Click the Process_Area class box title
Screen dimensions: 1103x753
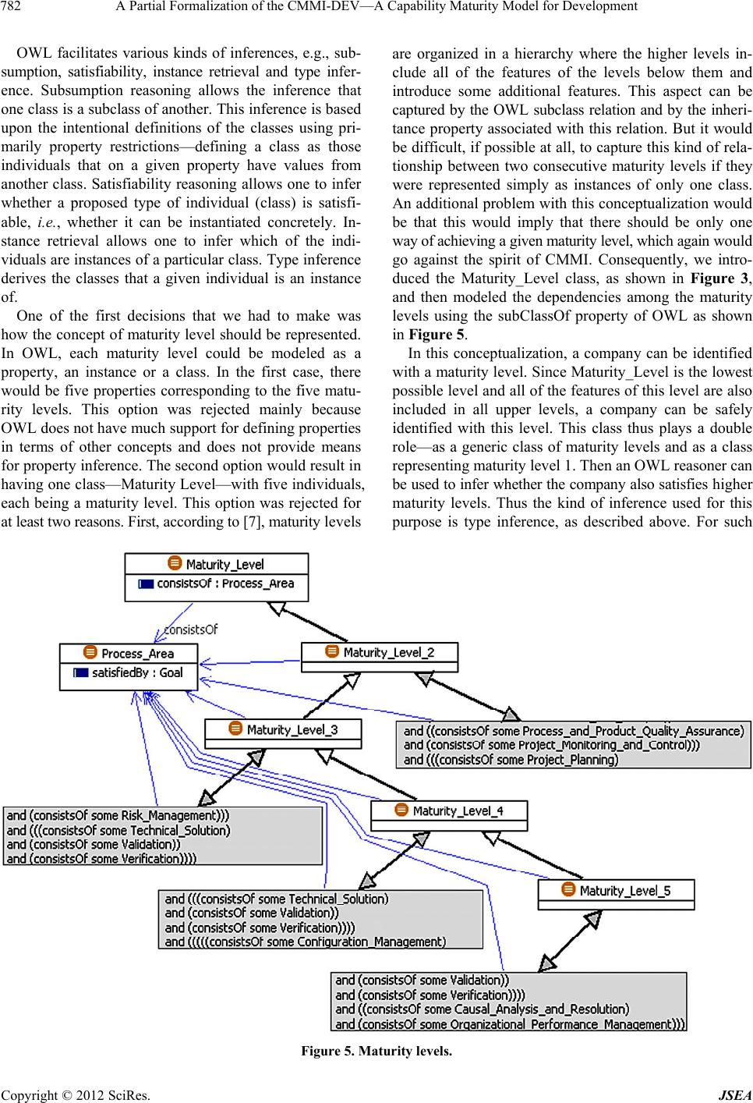(137, 654)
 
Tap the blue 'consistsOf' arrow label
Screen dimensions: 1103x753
(190, 629)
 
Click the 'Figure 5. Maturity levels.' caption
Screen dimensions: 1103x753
(376, 1051)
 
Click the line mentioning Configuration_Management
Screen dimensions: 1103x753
(306, 942)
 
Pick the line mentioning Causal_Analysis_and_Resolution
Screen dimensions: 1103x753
(482, 1009)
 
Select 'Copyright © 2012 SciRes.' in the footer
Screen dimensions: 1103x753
(67, 1094)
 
